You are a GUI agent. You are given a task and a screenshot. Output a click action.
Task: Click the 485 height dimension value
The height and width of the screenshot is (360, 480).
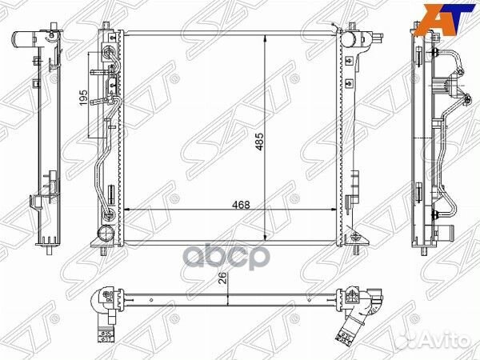[259, 142]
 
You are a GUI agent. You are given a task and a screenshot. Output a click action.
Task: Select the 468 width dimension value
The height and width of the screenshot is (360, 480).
[241, 205]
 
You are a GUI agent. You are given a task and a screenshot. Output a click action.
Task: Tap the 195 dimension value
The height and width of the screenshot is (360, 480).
[83, 98]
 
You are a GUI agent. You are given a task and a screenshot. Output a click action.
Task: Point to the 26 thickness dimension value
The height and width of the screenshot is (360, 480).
[223, 278]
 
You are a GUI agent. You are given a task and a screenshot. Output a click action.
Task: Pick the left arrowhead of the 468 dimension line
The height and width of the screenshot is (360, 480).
[128, 210]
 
